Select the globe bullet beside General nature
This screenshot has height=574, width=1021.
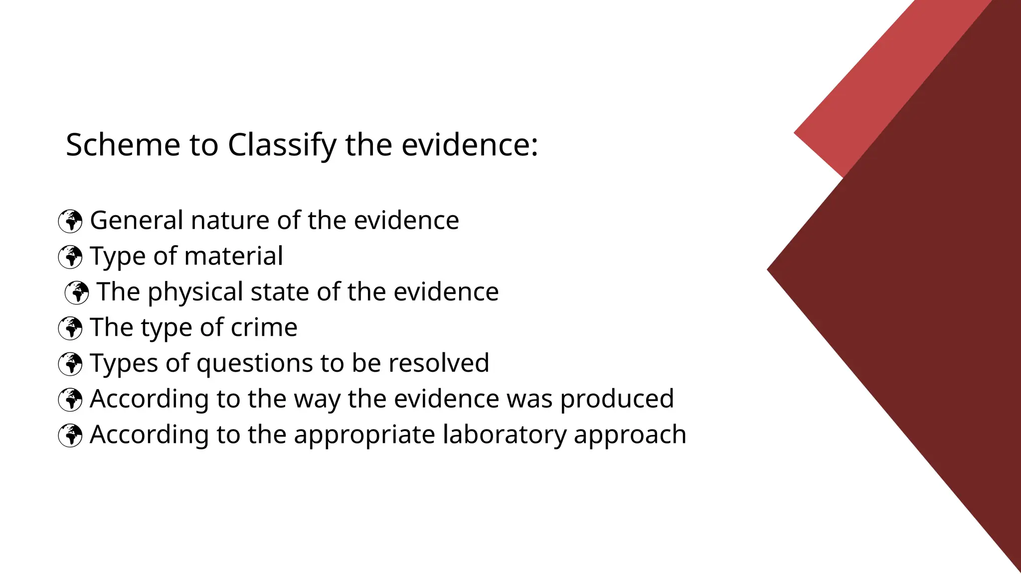tap(70, 221)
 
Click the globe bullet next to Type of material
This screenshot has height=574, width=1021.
tap(70, 257)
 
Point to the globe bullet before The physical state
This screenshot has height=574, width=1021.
tap(77, 292)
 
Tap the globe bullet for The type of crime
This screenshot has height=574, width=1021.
tap(70, 328)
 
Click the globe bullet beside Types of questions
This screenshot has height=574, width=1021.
tap(70, 364)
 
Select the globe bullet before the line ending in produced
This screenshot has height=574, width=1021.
tap(70, 400)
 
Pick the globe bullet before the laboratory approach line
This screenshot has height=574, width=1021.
tap(70, 435)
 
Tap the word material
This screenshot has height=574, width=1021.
tap(234, 256)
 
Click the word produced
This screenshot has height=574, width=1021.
tap(617, 399)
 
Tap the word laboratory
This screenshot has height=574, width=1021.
tap(505, 434)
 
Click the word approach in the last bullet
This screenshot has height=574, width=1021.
tap(630, 435)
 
